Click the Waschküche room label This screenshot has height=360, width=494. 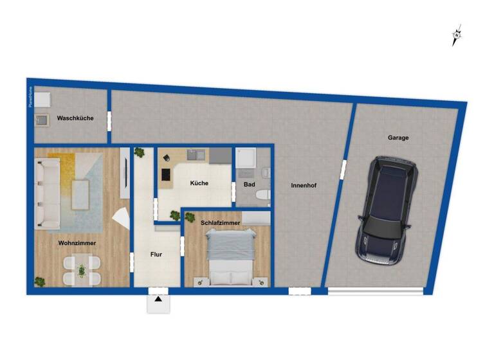point(75,118)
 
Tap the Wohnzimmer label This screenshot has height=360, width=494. point(77,244)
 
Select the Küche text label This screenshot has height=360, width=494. point(199,183)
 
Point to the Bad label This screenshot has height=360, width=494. point(250,184)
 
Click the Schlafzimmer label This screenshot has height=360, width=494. point(221,223)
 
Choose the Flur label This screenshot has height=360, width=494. point(156,255)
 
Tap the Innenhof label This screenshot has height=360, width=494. point(304,186)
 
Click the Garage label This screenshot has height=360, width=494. point(398,138)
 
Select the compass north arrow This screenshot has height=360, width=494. point(457,36)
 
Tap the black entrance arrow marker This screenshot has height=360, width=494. point(158,299)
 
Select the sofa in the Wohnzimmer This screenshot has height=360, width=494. point(48,193)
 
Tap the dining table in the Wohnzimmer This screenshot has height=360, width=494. point(82,271)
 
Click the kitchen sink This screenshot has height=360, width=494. point(196,155)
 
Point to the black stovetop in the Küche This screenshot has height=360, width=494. point(165,174)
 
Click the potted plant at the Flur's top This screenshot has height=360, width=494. point(139,152)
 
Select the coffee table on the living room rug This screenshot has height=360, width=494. point(80,194)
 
